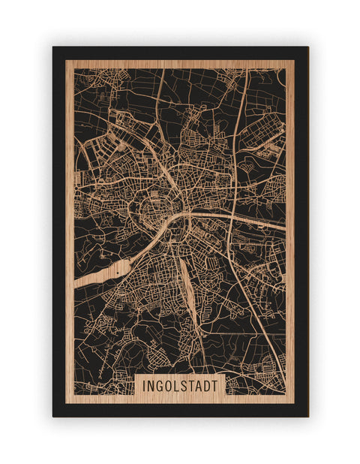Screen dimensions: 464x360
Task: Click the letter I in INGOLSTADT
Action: pos(142,386)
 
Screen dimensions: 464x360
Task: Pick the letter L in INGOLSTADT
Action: pos(177,386)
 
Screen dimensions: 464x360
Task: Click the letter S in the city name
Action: pos(184,386)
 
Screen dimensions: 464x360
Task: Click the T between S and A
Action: pos(192,386)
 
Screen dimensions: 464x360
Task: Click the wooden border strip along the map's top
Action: pos(180,64)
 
